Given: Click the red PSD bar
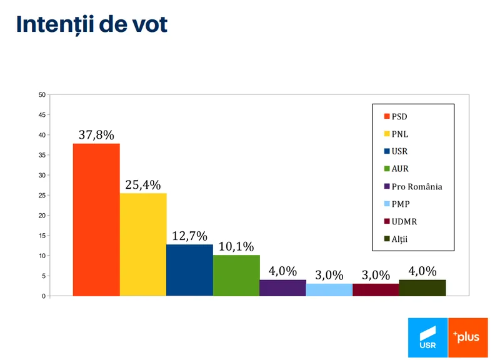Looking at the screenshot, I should (96, 219).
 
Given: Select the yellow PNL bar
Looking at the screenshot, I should (143, 244).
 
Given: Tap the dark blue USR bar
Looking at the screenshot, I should (189, 270).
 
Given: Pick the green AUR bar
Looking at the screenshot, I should (236, 275).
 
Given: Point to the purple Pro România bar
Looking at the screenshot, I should (282, 288).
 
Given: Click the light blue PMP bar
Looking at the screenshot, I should (329, 289).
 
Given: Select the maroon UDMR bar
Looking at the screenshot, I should (376, 289).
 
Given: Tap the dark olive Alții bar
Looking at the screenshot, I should (422, 288).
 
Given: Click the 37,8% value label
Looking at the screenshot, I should (96, 135).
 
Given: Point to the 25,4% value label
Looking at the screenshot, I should (143, 185).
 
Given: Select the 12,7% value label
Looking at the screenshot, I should (189, 236).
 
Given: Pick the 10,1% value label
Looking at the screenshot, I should (236, 246).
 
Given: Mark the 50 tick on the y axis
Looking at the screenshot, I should (41, 95).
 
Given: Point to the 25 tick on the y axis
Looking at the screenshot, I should (41, 196).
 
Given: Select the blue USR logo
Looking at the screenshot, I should (427, 338).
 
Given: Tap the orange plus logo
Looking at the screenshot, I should (467, 338).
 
